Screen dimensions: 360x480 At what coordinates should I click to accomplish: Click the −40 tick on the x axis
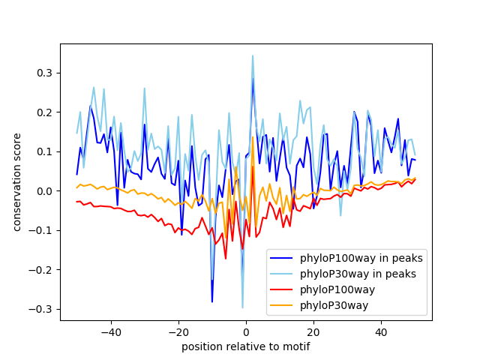(110, 332)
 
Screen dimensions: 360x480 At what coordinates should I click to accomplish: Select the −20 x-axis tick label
(178, 332)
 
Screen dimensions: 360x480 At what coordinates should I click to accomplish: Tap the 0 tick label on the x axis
(246, 332)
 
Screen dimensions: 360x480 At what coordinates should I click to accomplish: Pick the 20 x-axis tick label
(313, 332)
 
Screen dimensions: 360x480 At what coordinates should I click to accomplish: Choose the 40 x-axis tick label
(381, 332)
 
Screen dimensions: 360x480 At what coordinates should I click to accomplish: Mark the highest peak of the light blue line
(253, 55)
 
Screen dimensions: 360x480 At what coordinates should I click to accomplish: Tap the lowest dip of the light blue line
(242, 307)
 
